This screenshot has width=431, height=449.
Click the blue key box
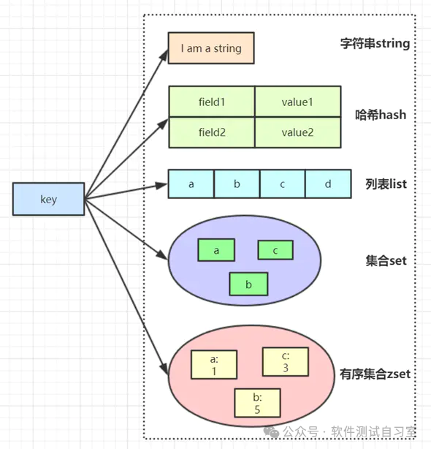[x=48, y=200]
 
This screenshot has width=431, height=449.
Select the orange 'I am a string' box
[x=211, y=49]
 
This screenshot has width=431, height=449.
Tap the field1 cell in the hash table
[x=212, y=102]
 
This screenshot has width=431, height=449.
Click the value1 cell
[x=297, y=102]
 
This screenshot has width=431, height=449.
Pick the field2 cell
[x=212, y=132]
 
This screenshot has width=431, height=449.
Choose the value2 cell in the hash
[x=297, y=132]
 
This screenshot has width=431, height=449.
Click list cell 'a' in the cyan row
[x=191, y=184]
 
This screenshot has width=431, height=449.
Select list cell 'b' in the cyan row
[x=237, y=184]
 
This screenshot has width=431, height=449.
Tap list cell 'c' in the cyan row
[x=282, y=184]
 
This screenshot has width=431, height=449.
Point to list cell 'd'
[x=327, y=184]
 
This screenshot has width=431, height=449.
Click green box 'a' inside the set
[x=216, y=250]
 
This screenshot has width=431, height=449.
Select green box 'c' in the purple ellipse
[x=275, y=250]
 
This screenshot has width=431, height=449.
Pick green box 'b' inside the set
[x=248, y=284]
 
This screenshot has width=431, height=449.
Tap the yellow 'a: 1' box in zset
[x=214, y=365]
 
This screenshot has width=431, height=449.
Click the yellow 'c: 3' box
[x=286, y=362]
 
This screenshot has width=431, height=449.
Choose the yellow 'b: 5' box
[x=257, y=403]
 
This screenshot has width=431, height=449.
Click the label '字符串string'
[x=375, y=44]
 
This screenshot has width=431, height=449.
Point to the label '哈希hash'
[x=381, y=115]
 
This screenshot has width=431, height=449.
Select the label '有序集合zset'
[x=375, y=374]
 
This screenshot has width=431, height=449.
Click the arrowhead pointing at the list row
[x=163, y=186]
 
